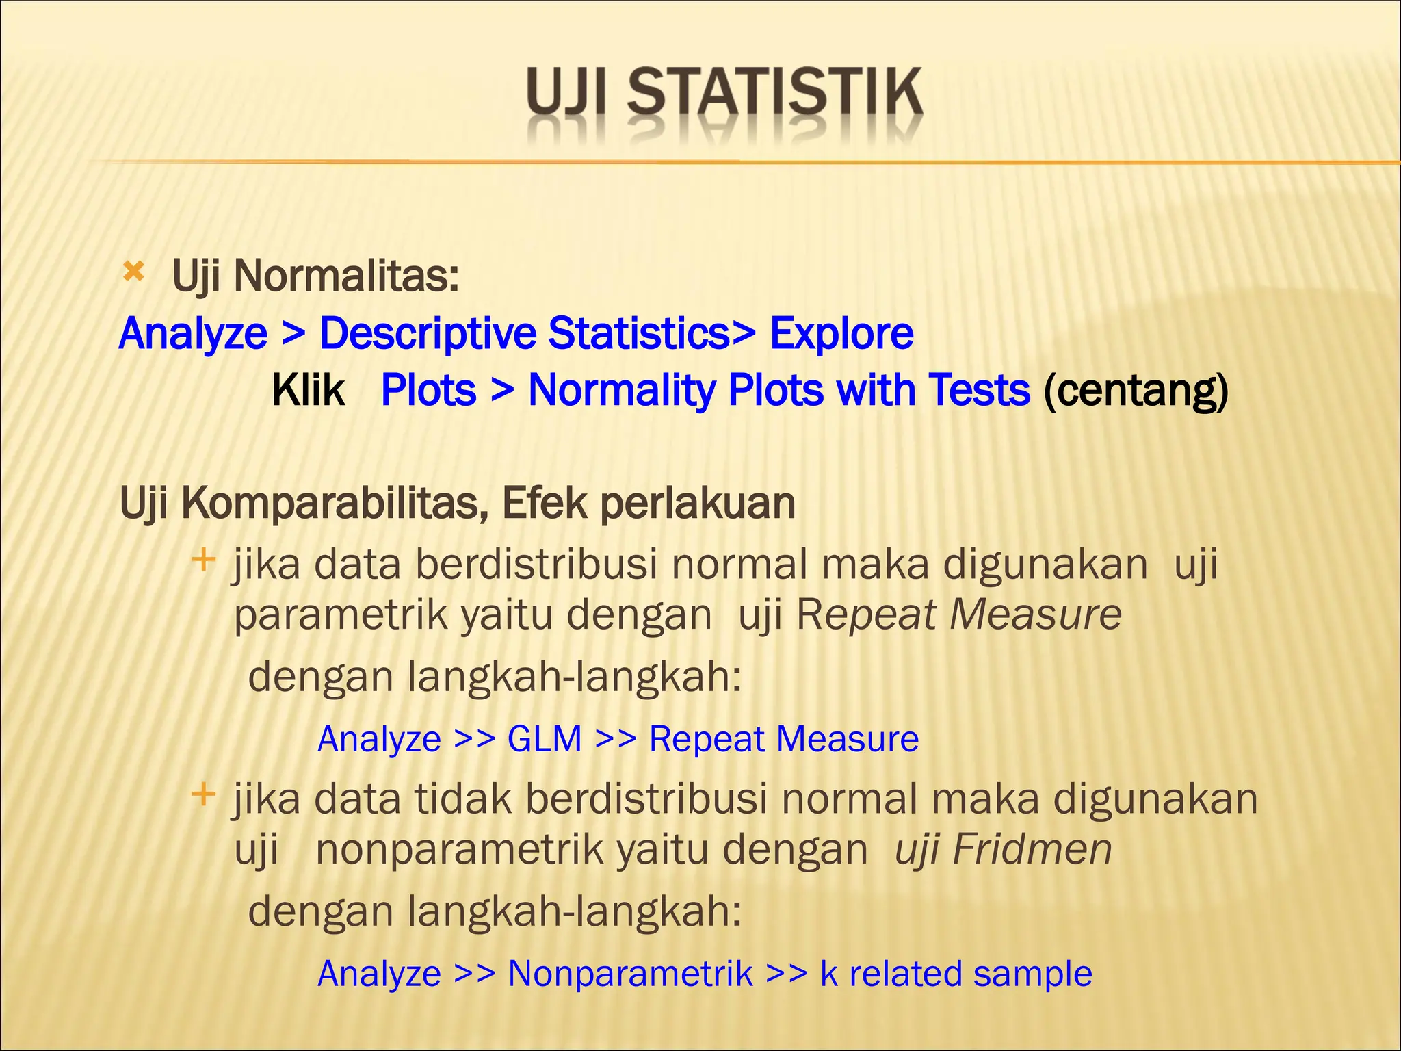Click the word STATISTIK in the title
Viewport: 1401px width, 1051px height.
pos(775,93)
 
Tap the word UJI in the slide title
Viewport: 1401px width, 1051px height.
pos(567,93)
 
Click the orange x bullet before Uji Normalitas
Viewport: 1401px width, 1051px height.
pos(133,273)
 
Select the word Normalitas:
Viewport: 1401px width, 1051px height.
pos(346,276)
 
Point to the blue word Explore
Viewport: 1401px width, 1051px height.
pos(841,334)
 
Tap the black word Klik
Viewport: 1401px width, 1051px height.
pos(308,391)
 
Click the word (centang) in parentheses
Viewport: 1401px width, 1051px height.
pos(1136,391)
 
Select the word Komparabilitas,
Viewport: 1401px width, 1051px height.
pos(335,504)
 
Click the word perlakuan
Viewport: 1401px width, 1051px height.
pos(698,504)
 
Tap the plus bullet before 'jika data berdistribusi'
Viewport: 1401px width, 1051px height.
pos(203,560)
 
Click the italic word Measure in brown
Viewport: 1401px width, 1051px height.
pos(1036,614)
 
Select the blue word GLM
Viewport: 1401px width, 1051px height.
pos(545,739)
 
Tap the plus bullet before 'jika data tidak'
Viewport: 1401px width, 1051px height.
pos(203,794)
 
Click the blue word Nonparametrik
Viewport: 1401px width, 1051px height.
pos(630,974)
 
